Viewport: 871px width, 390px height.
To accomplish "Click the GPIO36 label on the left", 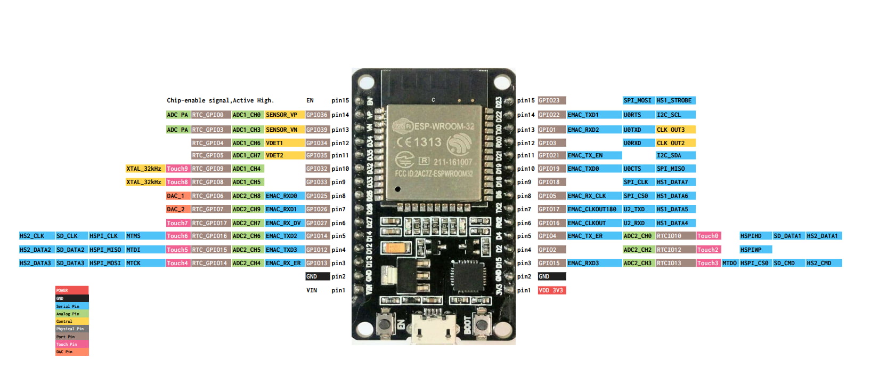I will pyautogui.click(x=317, y=115).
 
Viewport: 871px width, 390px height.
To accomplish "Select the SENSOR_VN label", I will pyautogui.click(x=284, y=130).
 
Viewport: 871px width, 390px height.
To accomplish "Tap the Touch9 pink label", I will pyautogui.click(x=177, y=169).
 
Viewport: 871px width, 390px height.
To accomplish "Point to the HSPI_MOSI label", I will pyautogui.click(x=105, y=263).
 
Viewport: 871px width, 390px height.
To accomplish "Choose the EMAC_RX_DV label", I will pyautogui.click(x=284, y=223).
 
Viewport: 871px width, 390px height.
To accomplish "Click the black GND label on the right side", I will pyautogui.click(x=551, y=276).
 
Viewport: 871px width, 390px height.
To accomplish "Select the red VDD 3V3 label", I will pyautogui.click(x=551, y=290).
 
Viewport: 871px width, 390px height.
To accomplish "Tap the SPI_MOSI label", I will pyautogui.click(x=638, y=100).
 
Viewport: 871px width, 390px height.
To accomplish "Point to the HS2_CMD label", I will pyautogui.click(x=823, y=263).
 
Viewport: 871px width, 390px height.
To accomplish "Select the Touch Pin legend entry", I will pyautogui.click(x=72, y=344).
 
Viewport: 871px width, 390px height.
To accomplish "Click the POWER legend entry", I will pyautogui.click(x=72, y=290).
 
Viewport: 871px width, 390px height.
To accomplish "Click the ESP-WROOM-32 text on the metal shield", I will pyautogui.click(x=444, y=126).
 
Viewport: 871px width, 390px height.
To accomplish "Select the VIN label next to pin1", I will pyautogui.click(x=312, y=290).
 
